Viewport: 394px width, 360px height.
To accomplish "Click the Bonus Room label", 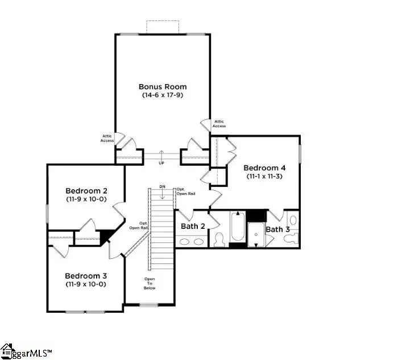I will [163, 87].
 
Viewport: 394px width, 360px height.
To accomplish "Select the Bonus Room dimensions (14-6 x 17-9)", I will [163, 95].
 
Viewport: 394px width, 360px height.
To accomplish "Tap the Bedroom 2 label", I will [86, 191].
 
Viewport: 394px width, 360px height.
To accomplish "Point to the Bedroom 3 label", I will [86, 275].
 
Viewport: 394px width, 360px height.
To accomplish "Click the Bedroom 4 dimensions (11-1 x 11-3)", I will [264, 177].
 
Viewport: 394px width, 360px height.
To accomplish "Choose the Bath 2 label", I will [193, 226].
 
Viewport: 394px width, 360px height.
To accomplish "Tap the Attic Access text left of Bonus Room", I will [107, 138].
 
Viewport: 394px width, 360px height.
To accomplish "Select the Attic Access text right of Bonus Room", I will [219, 124].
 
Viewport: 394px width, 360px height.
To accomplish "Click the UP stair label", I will [162, 162].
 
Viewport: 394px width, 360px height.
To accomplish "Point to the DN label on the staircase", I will [162, 187].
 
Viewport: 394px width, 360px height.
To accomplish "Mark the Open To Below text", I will [150, 283].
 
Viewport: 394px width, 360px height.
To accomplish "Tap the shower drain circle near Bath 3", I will [256, 245].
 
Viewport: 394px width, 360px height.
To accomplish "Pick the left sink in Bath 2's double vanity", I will [186, 242].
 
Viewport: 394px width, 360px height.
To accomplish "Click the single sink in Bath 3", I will [293, 238].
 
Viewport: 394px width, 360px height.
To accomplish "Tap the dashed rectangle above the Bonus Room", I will [163, 27].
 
